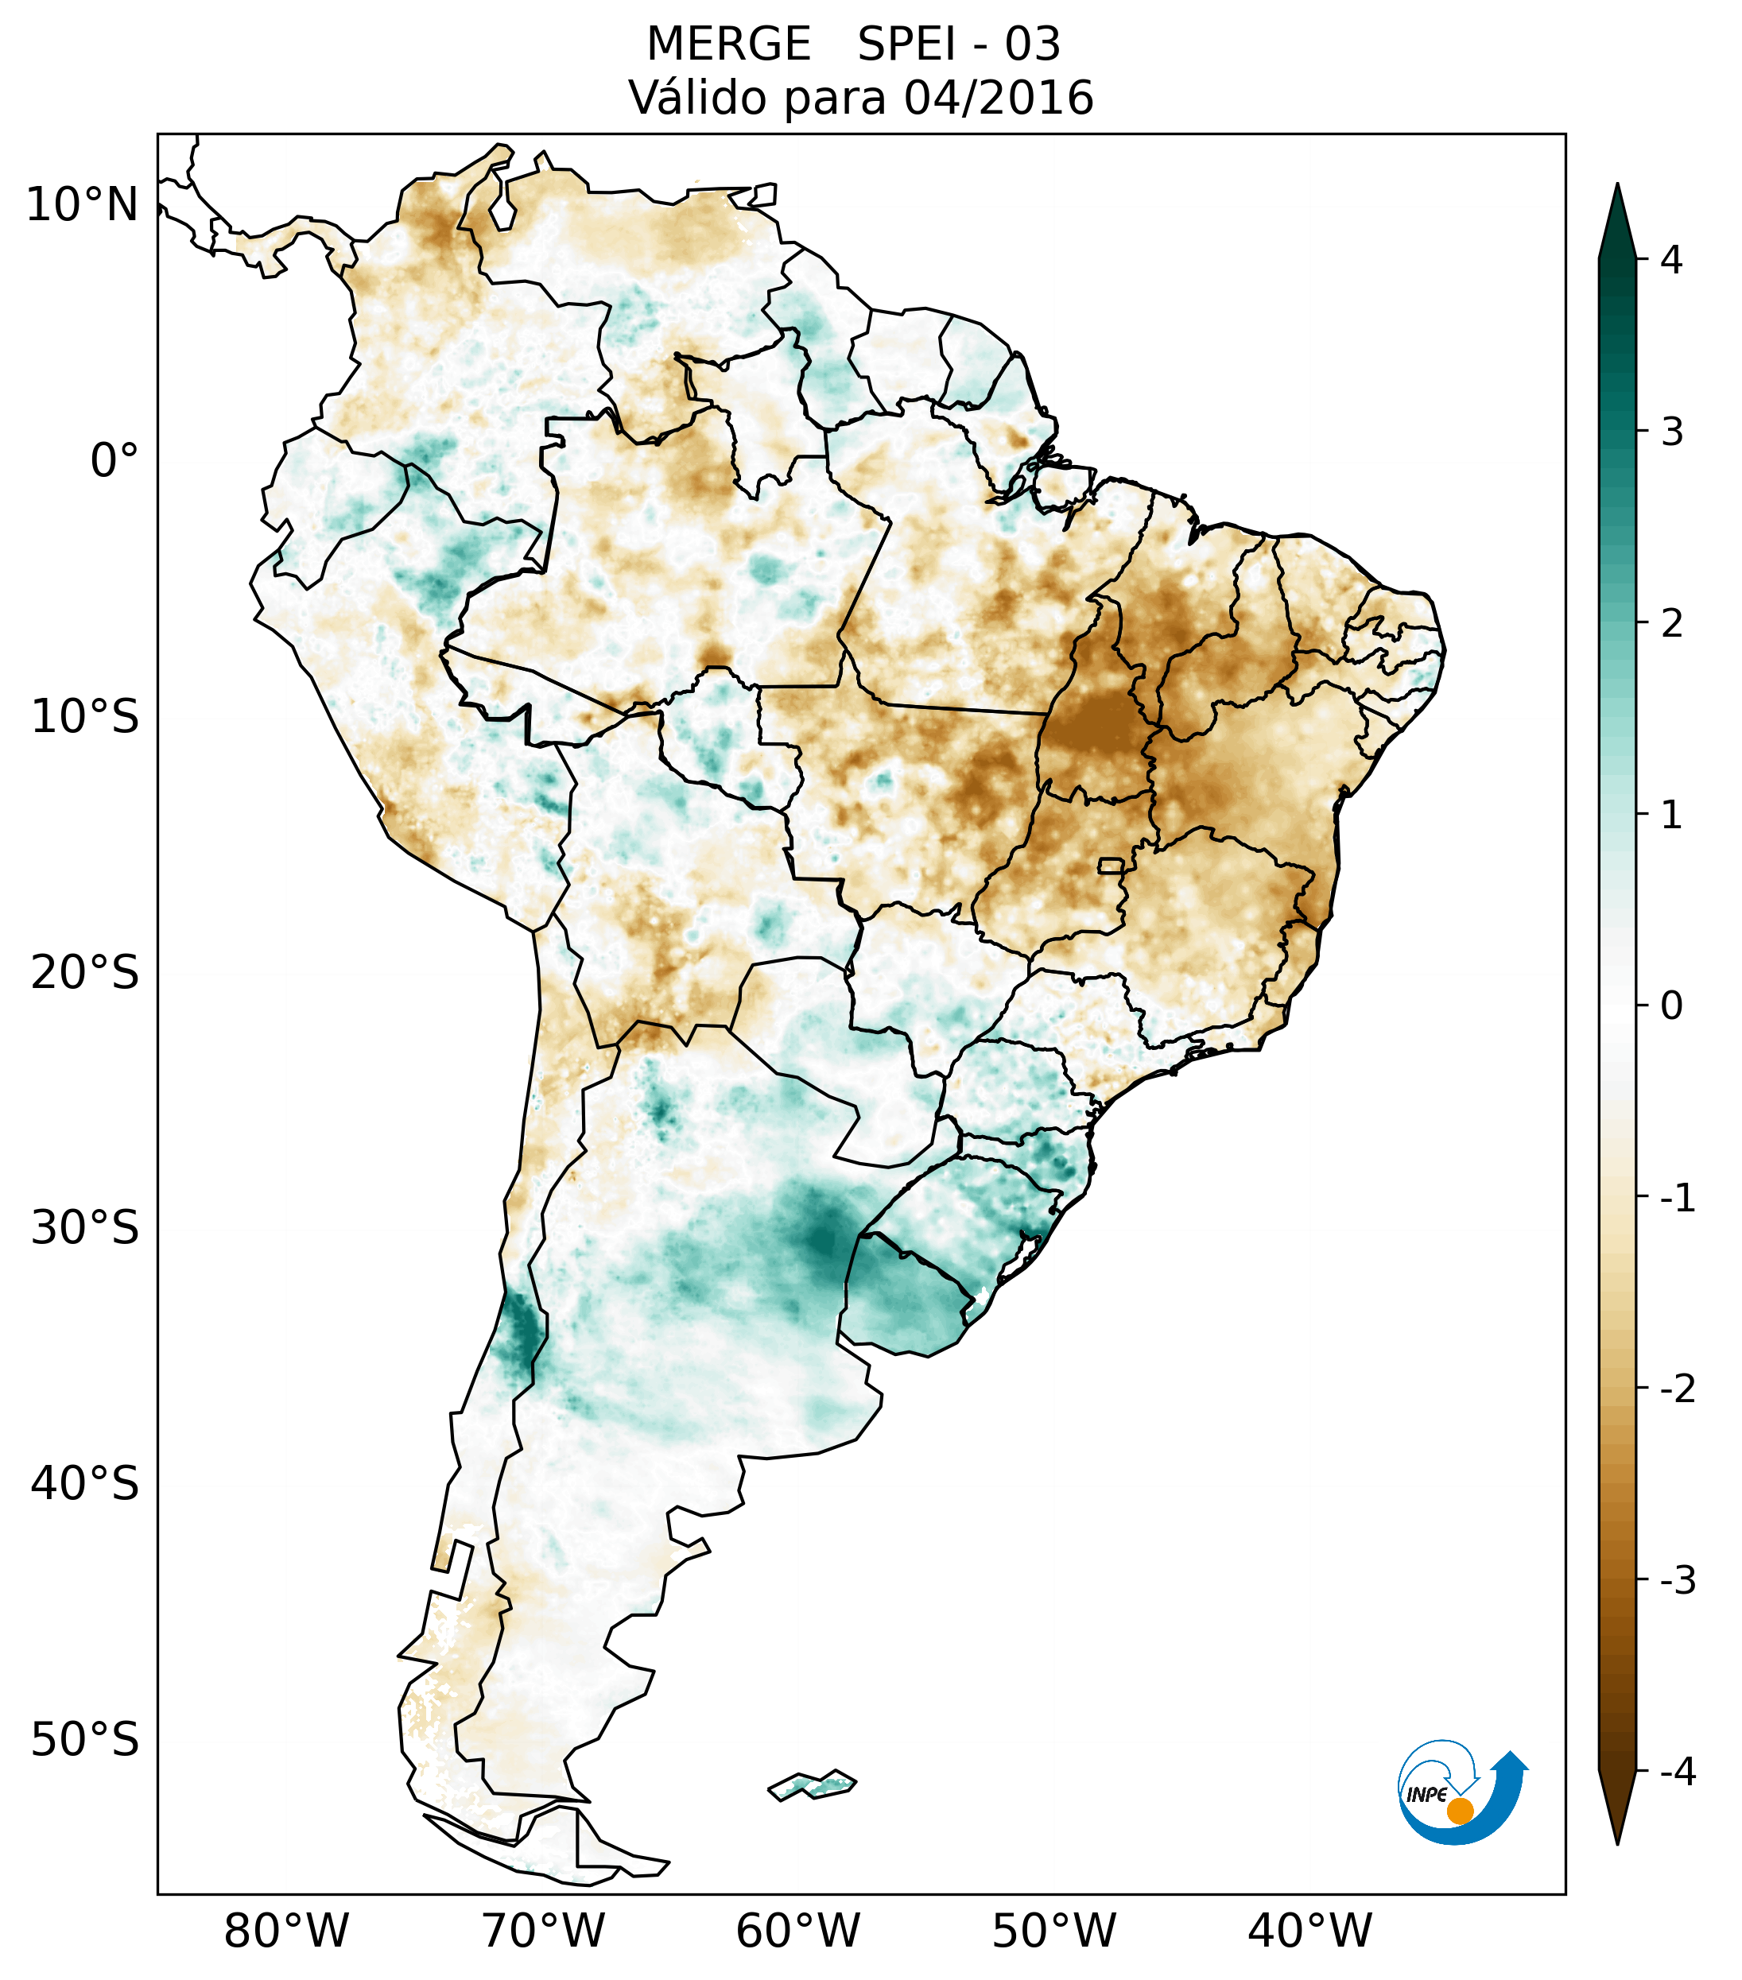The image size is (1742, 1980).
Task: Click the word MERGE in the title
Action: click(727, 45)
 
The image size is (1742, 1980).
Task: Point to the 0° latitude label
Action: click(114, 461)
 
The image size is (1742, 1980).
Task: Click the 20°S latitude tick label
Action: click(85, 973)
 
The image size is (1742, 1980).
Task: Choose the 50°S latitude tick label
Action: click(85, 1741)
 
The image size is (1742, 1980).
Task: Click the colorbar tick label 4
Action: click(1671, 260)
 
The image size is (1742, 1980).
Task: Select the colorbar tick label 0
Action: click(1671, 1006)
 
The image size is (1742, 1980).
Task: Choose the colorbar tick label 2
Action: click(1671, 624)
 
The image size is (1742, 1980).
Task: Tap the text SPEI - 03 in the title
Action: click(958, 45)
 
